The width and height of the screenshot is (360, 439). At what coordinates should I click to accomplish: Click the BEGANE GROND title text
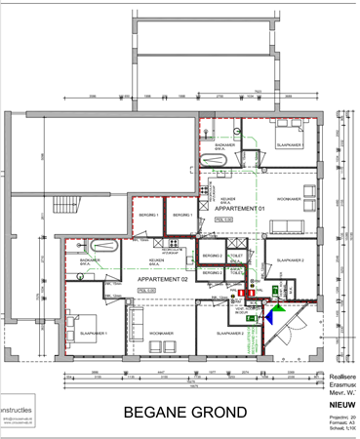pos(185,412)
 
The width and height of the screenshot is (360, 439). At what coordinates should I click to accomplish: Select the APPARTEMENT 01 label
pos(239,208)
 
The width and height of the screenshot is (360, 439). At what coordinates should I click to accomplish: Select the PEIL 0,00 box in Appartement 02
pos(147,290)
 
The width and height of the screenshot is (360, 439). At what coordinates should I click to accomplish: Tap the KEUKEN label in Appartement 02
pos(155,260)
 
